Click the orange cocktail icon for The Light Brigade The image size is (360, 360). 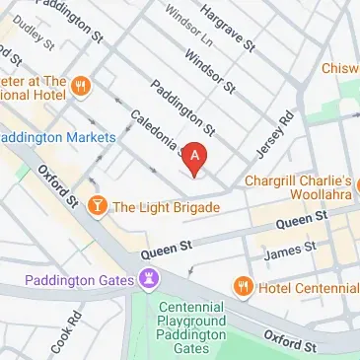pos(98,206)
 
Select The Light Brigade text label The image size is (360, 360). pos(166,207)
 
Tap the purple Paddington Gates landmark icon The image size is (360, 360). pos(148,281)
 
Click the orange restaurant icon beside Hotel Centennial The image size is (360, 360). pos(244,286)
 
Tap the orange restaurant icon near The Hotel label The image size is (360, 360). pos(81,86)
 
